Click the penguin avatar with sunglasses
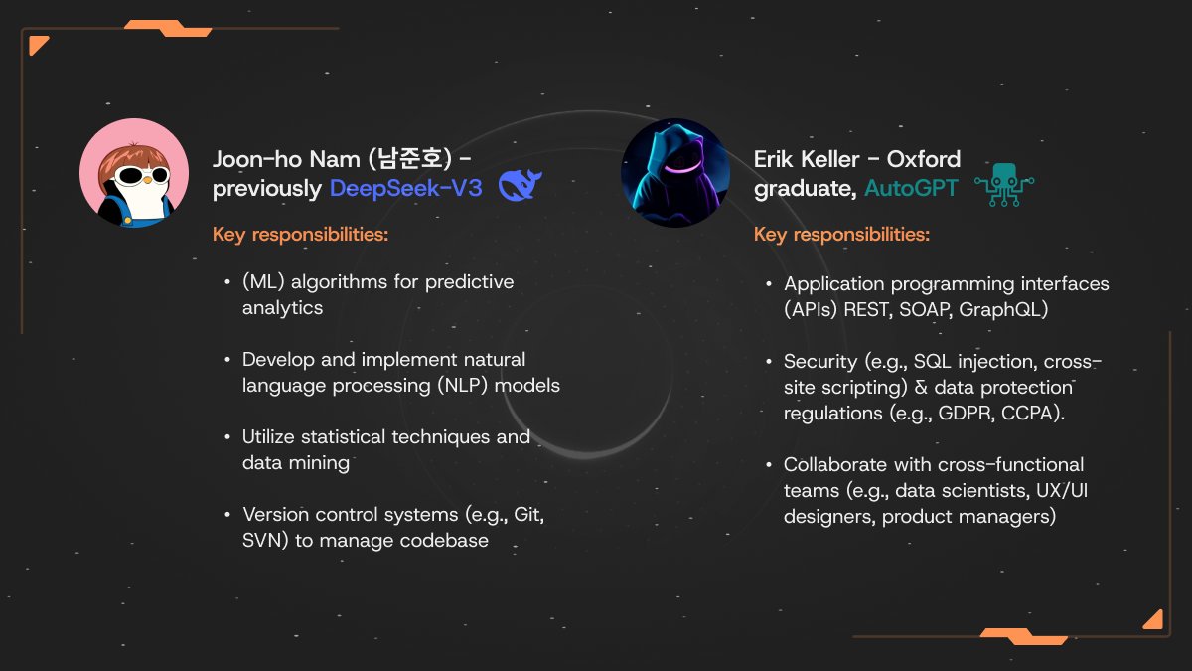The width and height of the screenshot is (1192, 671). [x=133, y=173]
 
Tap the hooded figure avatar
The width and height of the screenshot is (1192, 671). [x=675, y=173]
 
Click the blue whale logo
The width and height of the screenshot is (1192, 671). [x=520, y=186]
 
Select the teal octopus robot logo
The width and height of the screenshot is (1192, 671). [x=1004, y=186]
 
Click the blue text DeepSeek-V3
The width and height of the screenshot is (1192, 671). [x=405, y=188]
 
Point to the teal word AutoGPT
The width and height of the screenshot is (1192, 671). [x=911, y=188]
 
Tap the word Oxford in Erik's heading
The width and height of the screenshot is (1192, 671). [x=923, y=159]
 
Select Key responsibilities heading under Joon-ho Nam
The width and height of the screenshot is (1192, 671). [x=300, y=235]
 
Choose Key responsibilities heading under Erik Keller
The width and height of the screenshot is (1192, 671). [x=841, y=235]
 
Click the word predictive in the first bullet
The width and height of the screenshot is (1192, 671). [x=469, y=282]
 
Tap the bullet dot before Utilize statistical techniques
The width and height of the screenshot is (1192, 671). [x=227, y=437]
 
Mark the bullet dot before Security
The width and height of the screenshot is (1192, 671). [x=769, y=361]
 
